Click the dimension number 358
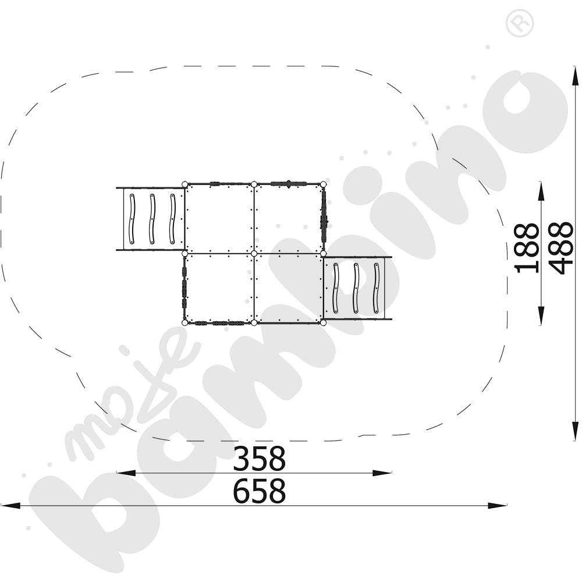[259, 459]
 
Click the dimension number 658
[259, 491]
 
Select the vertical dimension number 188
[527, 249]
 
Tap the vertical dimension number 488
[560, 249]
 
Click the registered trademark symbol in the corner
[520, 23]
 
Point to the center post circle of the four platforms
[254, 254]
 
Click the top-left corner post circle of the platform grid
[185, 184]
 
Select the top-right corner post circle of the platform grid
[323, 184]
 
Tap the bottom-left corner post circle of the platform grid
[185, 323]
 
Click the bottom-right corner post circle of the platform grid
[323, 323]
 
